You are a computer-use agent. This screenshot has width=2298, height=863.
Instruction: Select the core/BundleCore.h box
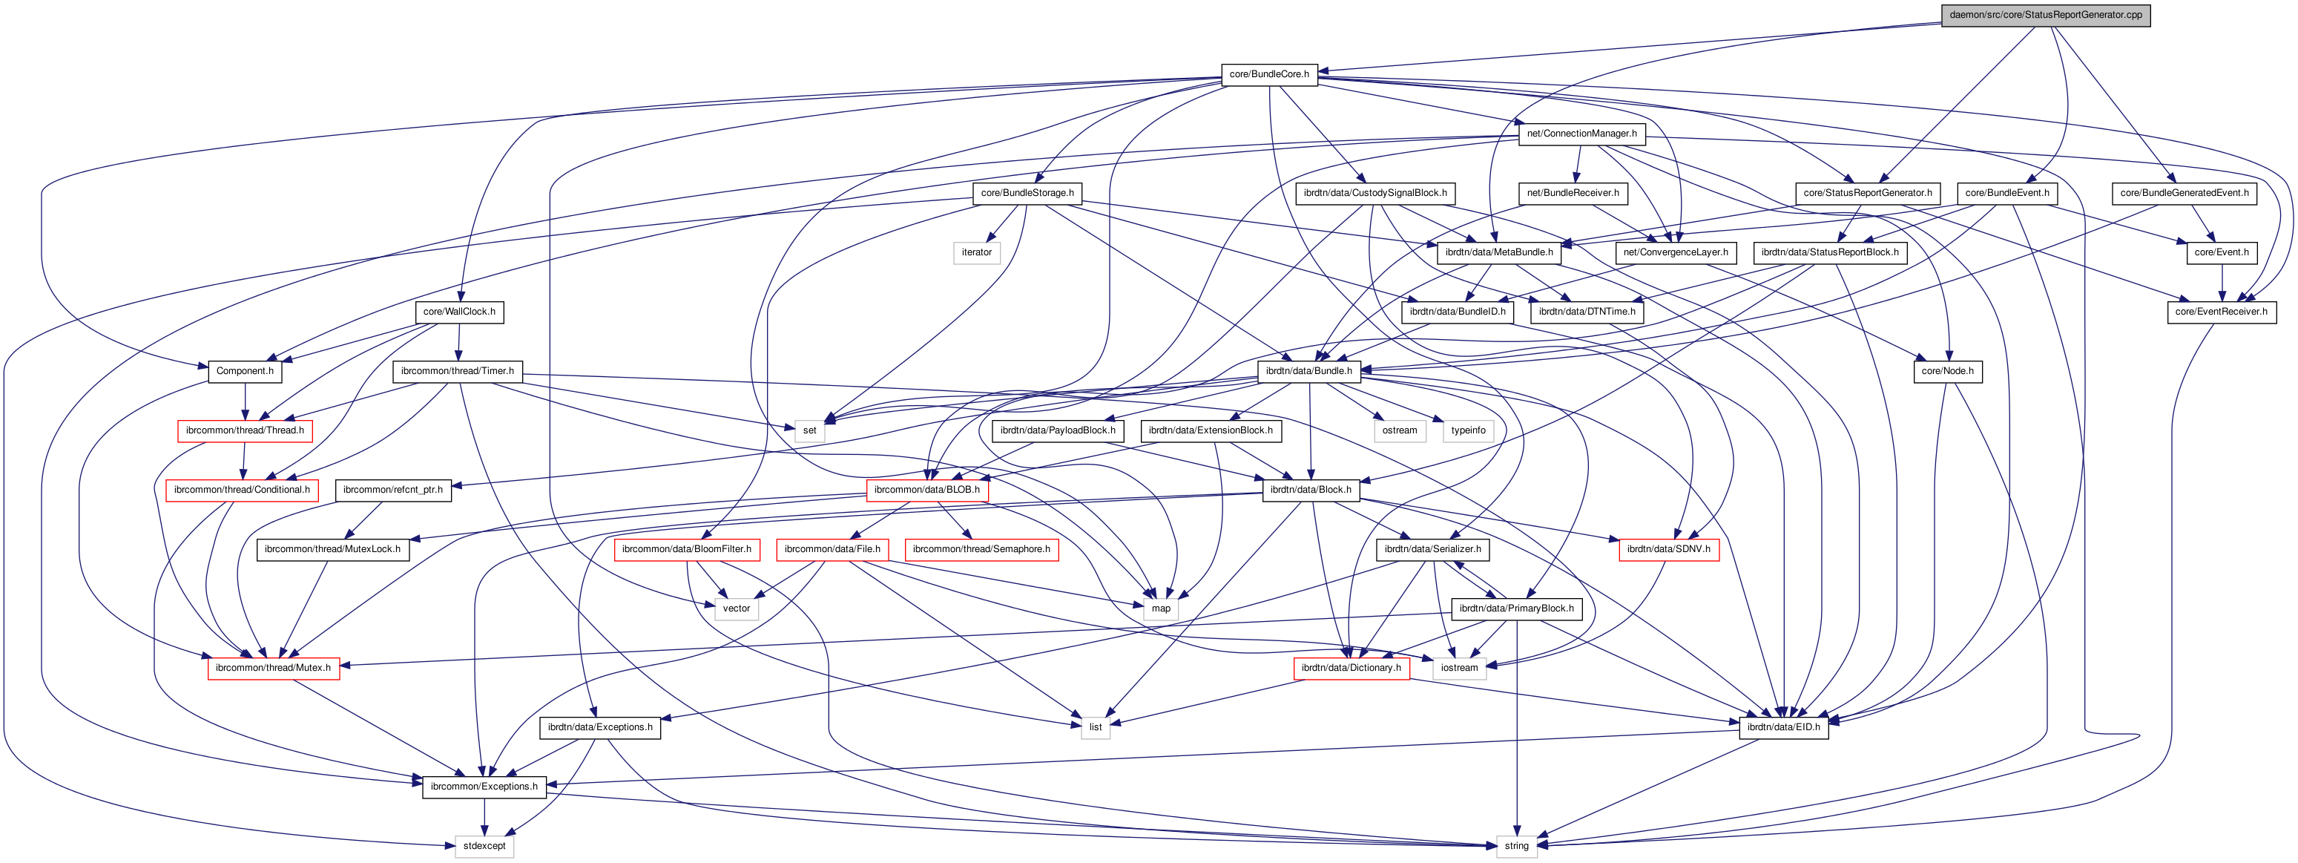click(1268, 74)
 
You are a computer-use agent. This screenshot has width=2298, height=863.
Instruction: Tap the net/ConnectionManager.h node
click(1581, 134)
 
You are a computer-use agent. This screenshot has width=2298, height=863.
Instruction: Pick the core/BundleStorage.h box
click(1027, 193)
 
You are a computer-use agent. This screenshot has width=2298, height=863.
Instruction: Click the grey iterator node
click(976, 252)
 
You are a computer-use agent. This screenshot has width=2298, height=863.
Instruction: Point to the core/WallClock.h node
click(458, 312)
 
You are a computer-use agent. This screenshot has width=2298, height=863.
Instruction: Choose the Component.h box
click(245, 371)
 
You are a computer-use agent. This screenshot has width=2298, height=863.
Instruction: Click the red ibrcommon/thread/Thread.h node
click(245, 430)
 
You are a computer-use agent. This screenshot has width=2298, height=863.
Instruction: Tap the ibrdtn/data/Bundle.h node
click(1308, 371)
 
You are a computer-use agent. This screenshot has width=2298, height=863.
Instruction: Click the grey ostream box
click(1399, 430)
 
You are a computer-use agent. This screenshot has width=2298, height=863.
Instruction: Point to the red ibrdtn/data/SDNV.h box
click(1668, 549)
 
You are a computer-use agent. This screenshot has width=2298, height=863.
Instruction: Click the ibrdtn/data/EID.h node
click(1782, 727)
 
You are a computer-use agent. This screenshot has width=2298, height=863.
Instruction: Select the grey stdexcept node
click(484, 846)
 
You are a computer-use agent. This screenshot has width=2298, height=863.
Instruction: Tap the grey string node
click(1515, 846)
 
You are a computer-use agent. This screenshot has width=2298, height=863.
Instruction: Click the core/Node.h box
click(1946, 371)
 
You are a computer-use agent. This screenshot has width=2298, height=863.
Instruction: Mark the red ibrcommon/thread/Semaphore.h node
click(981, 549)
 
